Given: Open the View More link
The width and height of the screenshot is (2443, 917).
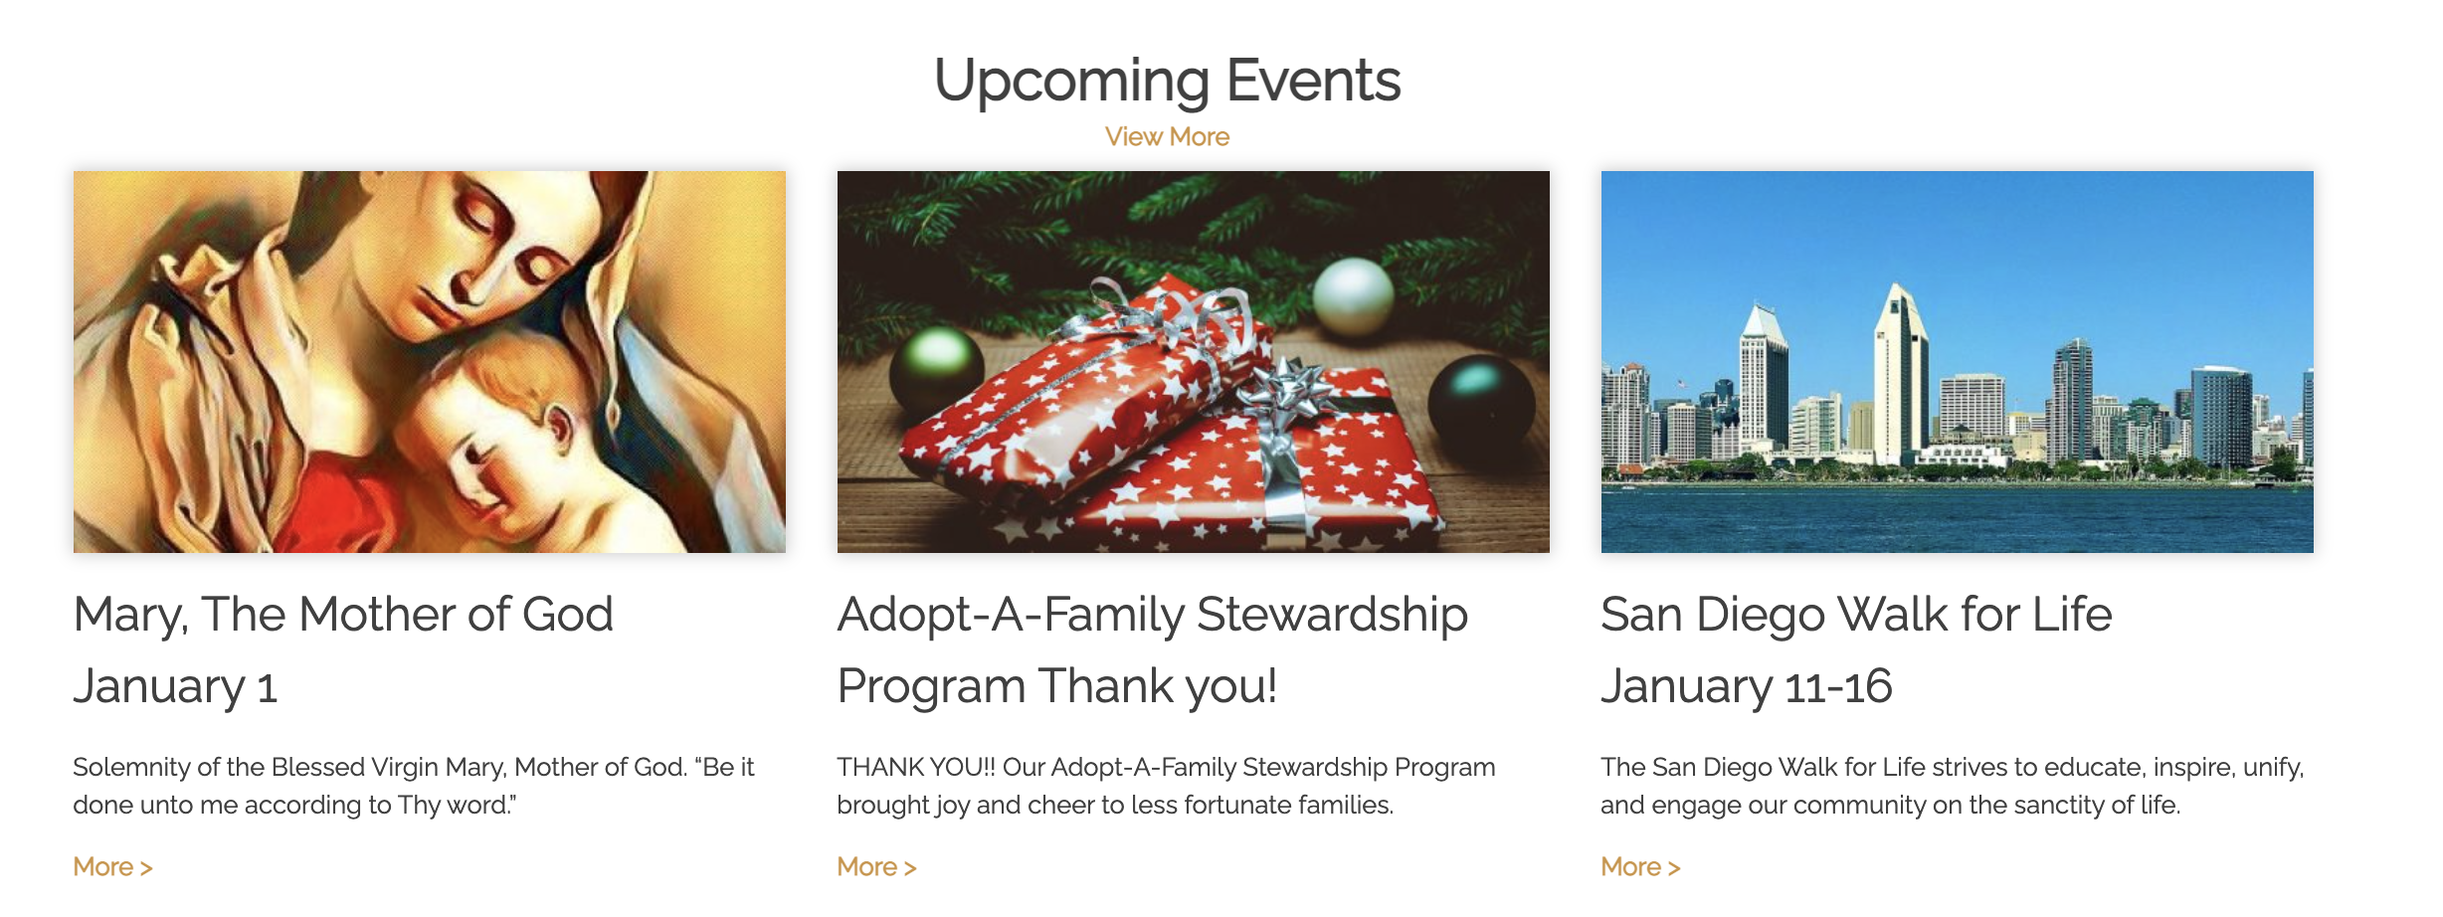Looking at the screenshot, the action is (x=1167, y=137).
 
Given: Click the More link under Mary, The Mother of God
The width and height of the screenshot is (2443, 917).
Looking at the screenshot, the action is (x=112, y=867).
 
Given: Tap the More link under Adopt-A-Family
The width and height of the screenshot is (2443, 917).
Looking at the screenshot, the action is (x=876, y=867).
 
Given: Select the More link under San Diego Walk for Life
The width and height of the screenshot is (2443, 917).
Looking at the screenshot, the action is (x=1640, y=867).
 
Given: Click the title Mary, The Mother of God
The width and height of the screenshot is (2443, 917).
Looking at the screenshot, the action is (x=343, y=615).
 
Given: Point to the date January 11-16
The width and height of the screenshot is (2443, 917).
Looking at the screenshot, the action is (x=1746, y=686).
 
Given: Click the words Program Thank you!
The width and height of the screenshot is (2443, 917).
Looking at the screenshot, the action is (x=1057, y=686).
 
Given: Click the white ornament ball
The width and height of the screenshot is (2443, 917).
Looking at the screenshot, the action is (x=1353, y=295).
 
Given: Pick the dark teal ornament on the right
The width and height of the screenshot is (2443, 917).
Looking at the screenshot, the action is (x=1481, y=404).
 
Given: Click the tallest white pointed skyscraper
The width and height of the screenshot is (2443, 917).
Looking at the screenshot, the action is (x=1901, y=373).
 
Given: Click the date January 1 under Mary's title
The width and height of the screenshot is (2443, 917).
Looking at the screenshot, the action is (x=175, y=686).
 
